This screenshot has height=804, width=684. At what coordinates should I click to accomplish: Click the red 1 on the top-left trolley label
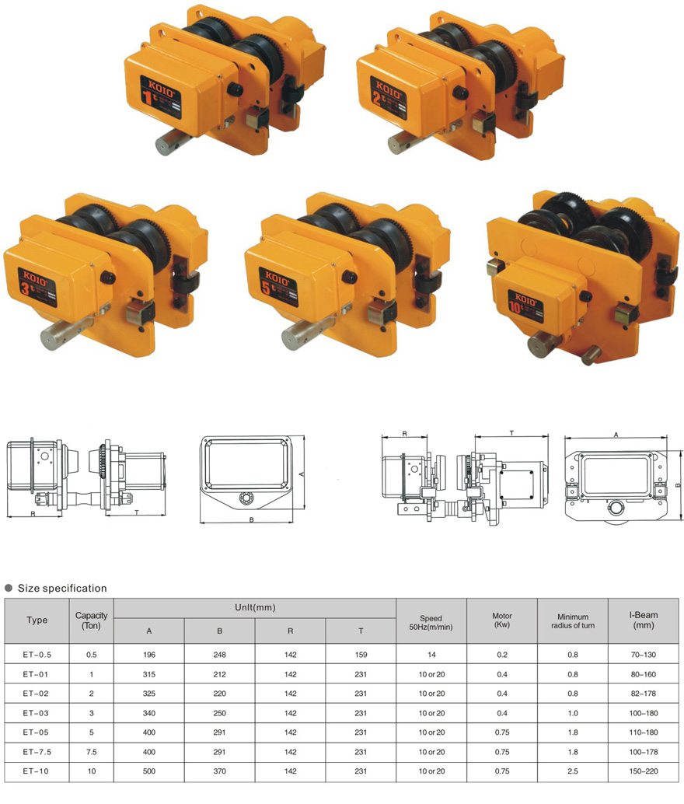(148, 97)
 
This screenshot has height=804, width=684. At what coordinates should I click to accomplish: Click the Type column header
(37, 620)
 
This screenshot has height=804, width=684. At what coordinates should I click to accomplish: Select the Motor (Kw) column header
(502, 620)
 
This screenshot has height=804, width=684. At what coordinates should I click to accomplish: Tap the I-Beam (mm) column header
(644, 620)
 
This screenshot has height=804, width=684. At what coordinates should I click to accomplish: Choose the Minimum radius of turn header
(573, 621)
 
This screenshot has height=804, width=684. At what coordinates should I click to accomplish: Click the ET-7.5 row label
(37, 752)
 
